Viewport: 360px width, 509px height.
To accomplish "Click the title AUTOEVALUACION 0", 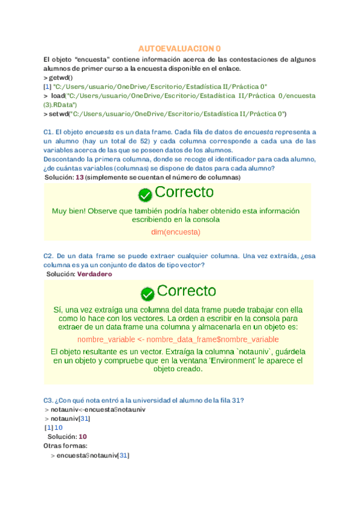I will pyautogui.click(x=179, y=48).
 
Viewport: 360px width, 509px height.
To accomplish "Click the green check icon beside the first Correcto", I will pyautogui.click(x=145, y=194).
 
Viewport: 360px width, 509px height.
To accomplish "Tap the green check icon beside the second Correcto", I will pyautogui.click(x=148, y=294).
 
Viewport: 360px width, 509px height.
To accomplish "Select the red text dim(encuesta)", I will pyautogui.click(x=176, y=232).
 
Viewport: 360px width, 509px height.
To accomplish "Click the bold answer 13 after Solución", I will pyautogui.click(x=79, y=178).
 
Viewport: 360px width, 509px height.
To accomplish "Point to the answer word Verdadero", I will pyautogui.click(x=95, y=274).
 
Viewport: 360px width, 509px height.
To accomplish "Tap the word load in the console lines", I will pyautogui.click(x=58, y=95).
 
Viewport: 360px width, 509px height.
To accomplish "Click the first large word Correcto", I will pyautogui.click(x=184, y=193).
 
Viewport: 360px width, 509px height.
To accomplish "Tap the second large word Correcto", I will pyautogui.click(x=186, y=292).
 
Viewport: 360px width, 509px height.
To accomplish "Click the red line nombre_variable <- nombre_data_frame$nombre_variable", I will pyautogui.click(x=178, y=339).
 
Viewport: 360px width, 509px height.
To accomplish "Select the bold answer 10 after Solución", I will pyautogui.click(x=83, y=436).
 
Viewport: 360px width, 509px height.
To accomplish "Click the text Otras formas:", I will pyautogui.click(x=66, y=446).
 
